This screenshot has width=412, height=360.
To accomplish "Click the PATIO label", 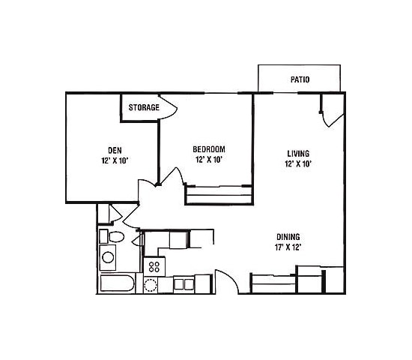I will click(300, 79).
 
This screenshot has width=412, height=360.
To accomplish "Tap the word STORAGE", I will click(143, 107).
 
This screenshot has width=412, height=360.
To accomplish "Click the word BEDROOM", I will click(209, 148).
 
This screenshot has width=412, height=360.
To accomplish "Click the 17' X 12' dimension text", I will click(288, 246).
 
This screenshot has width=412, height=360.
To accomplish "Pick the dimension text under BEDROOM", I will click(209, 160).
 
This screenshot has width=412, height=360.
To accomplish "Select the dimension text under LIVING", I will click(298, 163).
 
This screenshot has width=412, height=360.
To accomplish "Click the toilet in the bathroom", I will click(115, 237).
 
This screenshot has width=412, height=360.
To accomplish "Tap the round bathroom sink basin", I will click(109, 259).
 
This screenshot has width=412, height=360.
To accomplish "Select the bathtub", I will click(117, 284).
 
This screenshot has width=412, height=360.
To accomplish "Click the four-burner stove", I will click(155, 267).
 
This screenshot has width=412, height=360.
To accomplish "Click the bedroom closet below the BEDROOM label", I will click(218, 196).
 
